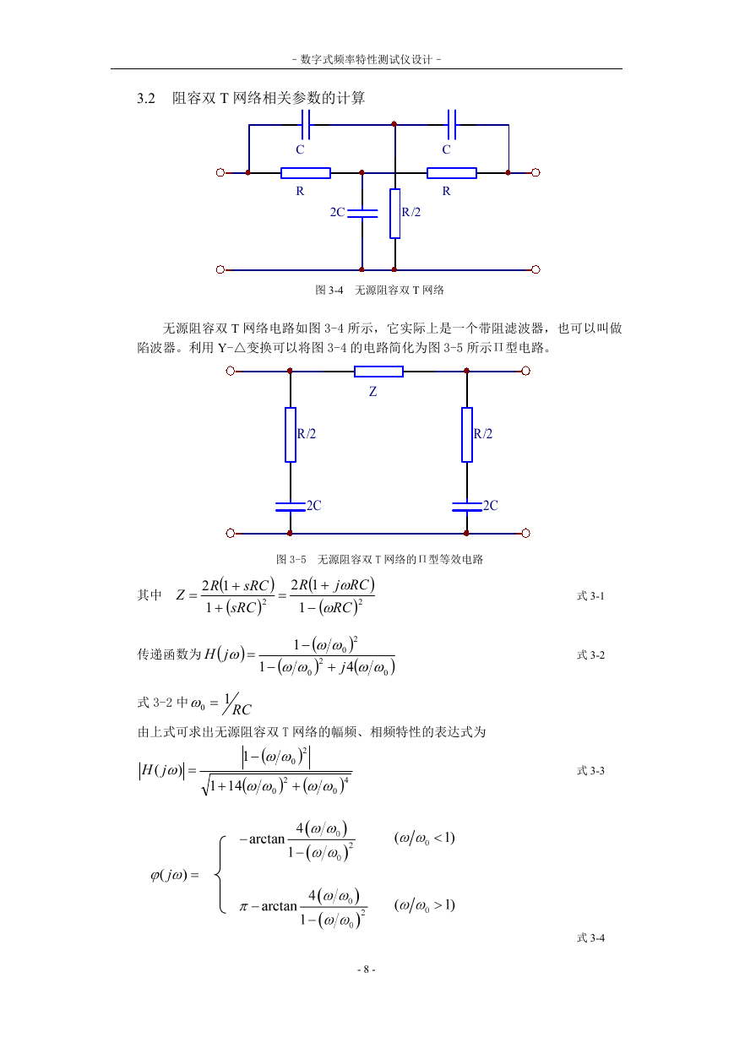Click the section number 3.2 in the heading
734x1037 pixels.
pos(146,98)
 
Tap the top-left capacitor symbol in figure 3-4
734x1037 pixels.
pos(305,124)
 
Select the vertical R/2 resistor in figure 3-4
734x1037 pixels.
pos(394,214)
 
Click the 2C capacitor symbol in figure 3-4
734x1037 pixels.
pos(362,213)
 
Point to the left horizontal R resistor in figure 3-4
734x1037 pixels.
pos(306,172)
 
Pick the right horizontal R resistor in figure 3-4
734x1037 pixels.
pos(452,172)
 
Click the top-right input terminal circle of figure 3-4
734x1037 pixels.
pos(536,172)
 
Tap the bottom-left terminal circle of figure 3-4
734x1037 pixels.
pos(220,269)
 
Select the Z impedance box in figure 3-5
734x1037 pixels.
pos(378,372)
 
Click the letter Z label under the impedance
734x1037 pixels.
pos(372,392)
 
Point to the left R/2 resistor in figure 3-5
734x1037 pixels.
pos(291,435)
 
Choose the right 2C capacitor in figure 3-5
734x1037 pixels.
pos(467,507)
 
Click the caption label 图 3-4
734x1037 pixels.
pos(329,290)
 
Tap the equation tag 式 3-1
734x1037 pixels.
pos(590,596)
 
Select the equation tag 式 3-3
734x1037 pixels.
pos(590,771)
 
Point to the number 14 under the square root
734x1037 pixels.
pos(235,786)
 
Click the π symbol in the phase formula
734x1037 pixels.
pos(243,906)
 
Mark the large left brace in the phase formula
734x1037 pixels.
pos(220,874)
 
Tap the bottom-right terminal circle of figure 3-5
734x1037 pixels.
pos(525,534)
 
